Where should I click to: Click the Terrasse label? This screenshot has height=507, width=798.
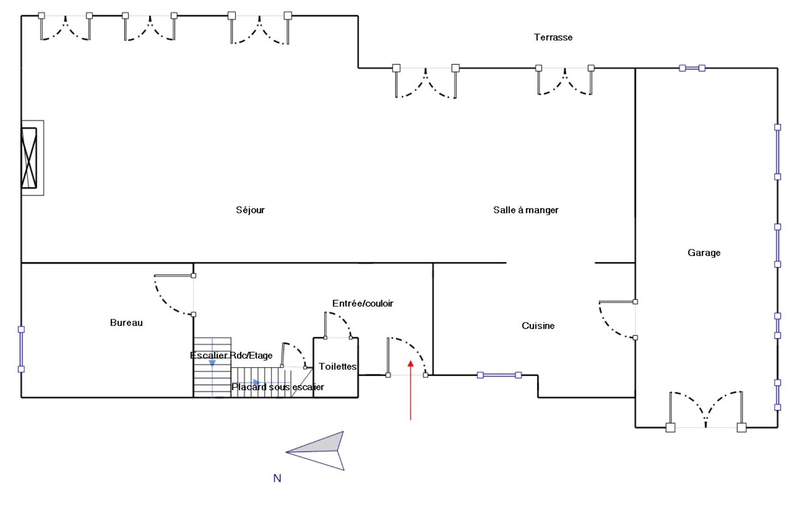tap(553, 37)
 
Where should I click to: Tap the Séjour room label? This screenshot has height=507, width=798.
tap(250, 210)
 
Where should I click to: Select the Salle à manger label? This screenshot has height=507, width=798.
tap(525, 210)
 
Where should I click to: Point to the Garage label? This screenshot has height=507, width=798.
tap(704, 253)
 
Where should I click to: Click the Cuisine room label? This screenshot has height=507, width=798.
tap(538, 326)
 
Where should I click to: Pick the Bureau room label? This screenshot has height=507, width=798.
tap(126, 323)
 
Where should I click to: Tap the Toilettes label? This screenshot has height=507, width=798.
tap(338, 366)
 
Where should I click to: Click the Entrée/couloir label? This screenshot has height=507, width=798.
tap(362, 304)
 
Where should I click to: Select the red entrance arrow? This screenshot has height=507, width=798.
tap(410, 390)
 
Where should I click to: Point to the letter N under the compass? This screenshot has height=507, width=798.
tap(277, 478)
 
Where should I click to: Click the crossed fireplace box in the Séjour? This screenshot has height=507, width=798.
tap(29, 158)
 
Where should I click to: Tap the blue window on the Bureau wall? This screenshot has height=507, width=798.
tap(21, 349)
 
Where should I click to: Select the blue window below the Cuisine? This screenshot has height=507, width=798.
tap(499, 375)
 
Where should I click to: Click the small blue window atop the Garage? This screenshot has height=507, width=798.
tap(692, 68)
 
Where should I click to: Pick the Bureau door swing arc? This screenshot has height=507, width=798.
tap(169, 298)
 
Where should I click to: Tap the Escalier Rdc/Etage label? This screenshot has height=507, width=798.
tap(231, 355)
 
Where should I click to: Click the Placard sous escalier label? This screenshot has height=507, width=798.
tap(277, 387)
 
